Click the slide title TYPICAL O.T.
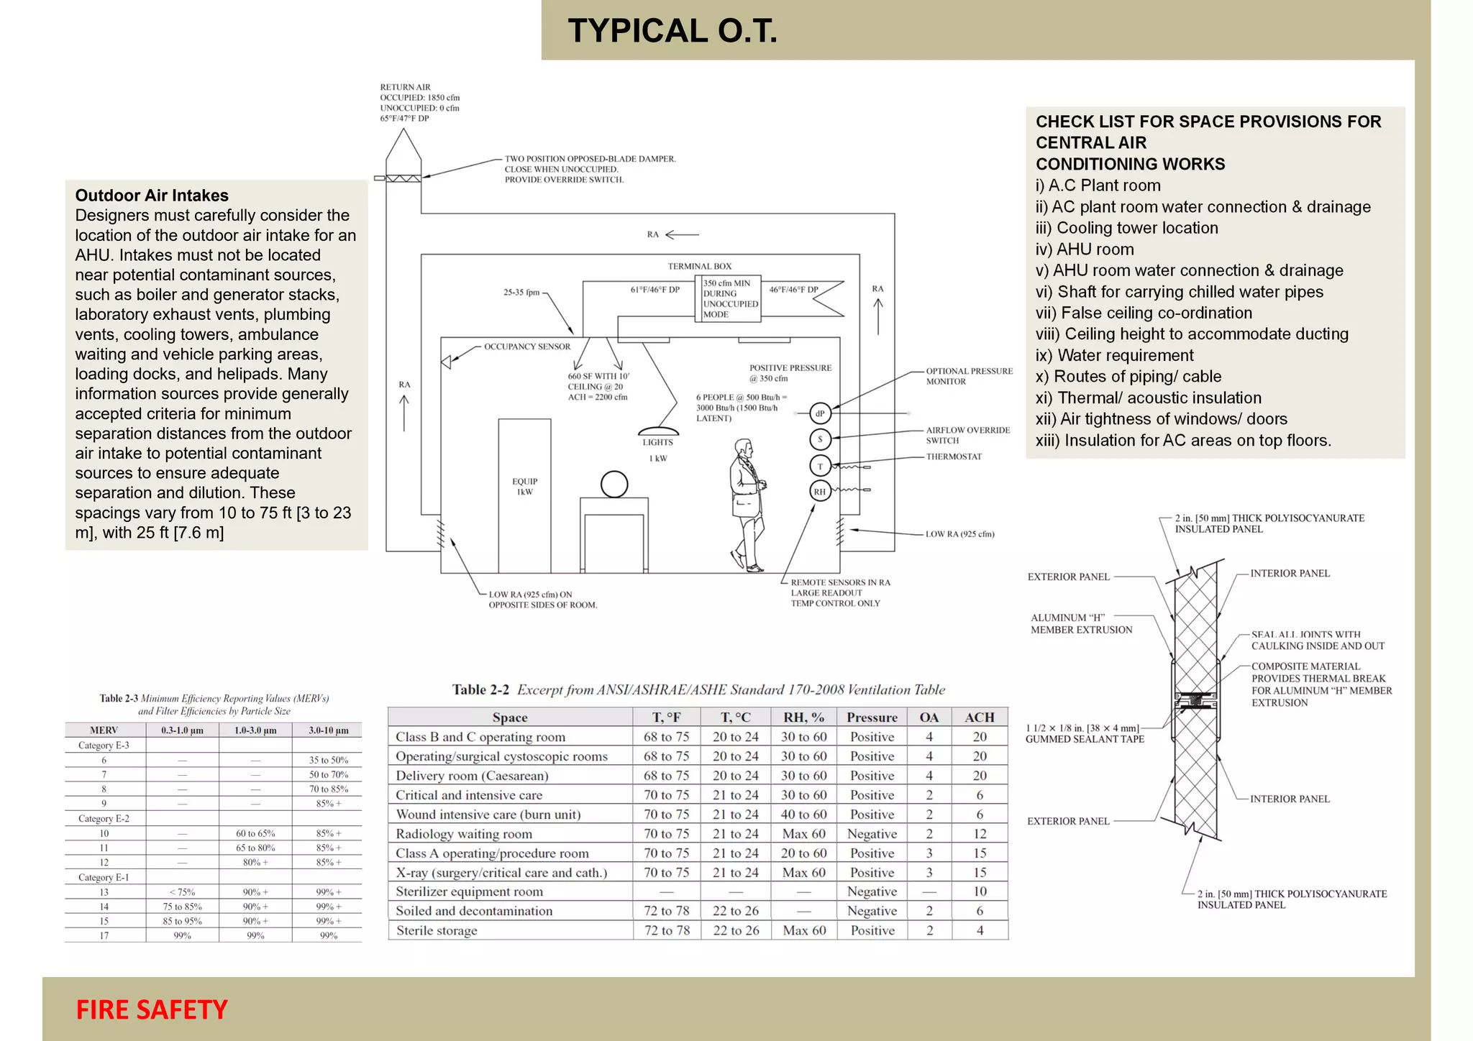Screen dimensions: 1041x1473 (672, 31)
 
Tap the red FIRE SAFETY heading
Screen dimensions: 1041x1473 (152, 1009)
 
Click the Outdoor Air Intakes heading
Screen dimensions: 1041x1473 (152, 196)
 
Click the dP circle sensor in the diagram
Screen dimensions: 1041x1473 (820, 413)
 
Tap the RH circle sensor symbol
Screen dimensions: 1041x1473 (820, 492)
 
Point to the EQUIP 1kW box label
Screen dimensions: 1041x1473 (524, 487)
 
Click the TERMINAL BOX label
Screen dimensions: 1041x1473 (699, 266)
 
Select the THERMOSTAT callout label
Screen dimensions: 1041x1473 (953, 457)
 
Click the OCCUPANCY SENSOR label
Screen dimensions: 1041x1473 (526, 347)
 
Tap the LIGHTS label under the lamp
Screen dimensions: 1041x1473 (657, 442)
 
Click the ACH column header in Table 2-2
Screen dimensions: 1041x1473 (980, 717)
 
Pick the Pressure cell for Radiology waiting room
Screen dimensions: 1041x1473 (872, 834)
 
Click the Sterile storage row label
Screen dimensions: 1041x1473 (437, 930)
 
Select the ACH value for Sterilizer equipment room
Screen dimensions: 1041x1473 (980, 891)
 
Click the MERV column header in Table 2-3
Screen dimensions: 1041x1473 (104, 730)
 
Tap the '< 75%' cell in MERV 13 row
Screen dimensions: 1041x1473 (182, 892)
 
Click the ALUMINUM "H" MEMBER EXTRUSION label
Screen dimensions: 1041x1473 (1081, 623)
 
